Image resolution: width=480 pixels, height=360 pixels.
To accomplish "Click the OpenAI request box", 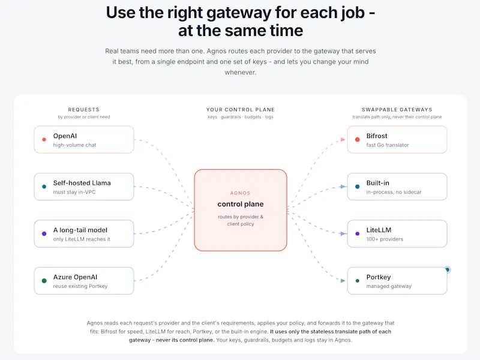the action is (x=84, y=140).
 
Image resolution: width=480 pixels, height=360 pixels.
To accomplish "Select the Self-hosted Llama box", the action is (x=84, y=187).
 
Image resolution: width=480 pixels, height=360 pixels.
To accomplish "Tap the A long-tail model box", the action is (x=84, y=233).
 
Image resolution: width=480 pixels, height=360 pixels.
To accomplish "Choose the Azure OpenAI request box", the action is (x=84, y=281).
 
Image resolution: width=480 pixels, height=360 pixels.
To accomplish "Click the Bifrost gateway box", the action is (x=397, y=140).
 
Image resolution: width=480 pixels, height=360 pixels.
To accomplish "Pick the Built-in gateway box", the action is (x=397, y=187).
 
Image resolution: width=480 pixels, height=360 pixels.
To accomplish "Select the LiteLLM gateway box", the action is (x=397, y=233).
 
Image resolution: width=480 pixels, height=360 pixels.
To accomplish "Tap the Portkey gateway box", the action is (x=397, y=281).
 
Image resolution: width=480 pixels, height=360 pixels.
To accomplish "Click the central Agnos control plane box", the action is (x=241, y=210).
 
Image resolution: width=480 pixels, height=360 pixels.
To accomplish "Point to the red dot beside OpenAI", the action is (x=44, y=140).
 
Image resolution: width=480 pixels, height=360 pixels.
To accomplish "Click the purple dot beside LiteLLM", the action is (x=357, y=234).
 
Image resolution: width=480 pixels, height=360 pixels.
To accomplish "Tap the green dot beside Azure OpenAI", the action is (x=44, y=281).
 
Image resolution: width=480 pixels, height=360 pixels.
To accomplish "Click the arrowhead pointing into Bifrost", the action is (x=343, y=140).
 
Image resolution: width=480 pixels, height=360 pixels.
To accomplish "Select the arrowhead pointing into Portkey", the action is (x=343, y=281).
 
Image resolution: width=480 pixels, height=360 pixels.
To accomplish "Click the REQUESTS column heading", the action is (x=84, y=110).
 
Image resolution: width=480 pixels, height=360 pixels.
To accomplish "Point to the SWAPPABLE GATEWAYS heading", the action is (x=397, y=110).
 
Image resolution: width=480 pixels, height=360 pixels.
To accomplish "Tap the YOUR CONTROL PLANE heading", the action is (x=241, y=110).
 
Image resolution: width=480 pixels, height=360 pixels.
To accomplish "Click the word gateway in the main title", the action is (x=238, y=13).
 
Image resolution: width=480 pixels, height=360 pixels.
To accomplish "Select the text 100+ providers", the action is (x=385, y=239).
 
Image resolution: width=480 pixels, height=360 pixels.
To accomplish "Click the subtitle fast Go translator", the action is (x=388, y=145).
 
